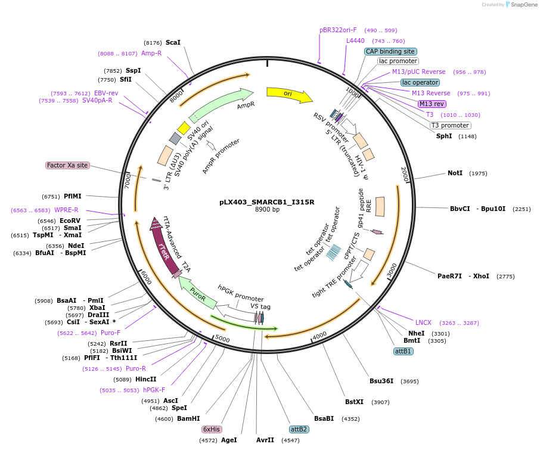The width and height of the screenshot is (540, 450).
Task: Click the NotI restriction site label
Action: point(455,173)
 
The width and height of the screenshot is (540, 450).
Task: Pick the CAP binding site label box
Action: point(390,52)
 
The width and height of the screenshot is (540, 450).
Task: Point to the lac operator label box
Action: point(420,82)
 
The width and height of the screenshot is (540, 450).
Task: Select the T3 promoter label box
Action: point(450,125)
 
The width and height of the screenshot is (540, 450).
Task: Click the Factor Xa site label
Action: point(67,165)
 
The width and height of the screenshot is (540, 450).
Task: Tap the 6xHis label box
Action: point(212,429)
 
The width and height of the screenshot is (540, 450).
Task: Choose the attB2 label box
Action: point(299,429)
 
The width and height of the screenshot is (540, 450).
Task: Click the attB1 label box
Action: point(404,351)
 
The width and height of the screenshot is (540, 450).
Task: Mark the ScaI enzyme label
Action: point(173,42)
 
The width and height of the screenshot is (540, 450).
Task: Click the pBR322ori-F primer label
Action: point(338,30)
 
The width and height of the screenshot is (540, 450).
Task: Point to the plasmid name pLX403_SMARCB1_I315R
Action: point(266,202)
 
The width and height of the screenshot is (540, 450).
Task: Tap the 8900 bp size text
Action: point(267,210)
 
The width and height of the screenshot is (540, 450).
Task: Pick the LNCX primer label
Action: point(423,322)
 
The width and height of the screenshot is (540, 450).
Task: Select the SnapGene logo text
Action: point(522,5)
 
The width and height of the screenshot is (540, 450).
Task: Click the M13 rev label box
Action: point(432,104)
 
